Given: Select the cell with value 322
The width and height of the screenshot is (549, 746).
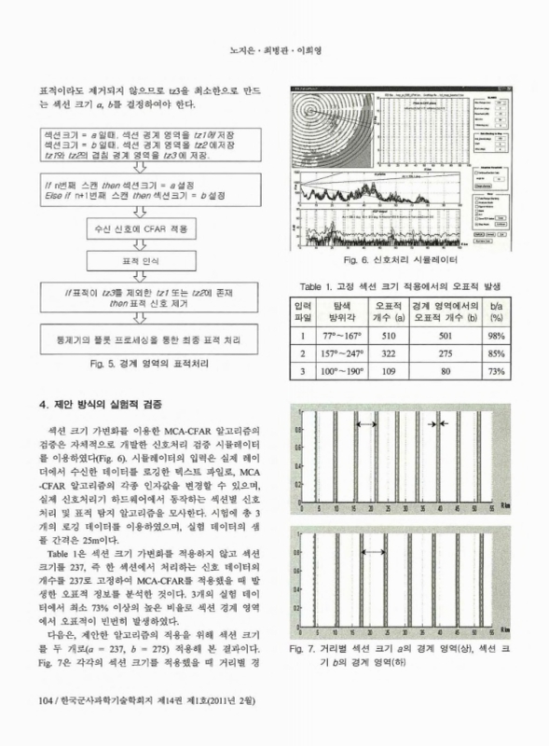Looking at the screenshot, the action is [x=381, y=353].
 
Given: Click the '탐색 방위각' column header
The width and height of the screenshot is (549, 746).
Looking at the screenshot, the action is [x=333, y=312].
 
